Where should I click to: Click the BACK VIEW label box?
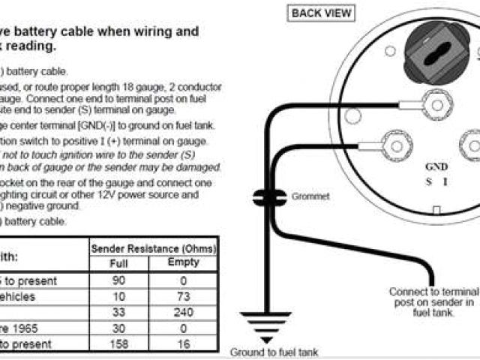coord(321,13)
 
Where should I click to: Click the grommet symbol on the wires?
coord(266,197)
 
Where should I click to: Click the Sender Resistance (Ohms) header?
coord(153,247)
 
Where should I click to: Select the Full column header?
coord(119,263)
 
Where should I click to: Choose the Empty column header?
coord(184,262)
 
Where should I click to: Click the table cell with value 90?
coord(119,280)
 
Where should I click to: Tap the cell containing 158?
coord(119,343)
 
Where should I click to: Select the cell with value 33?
coord(119,311)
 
